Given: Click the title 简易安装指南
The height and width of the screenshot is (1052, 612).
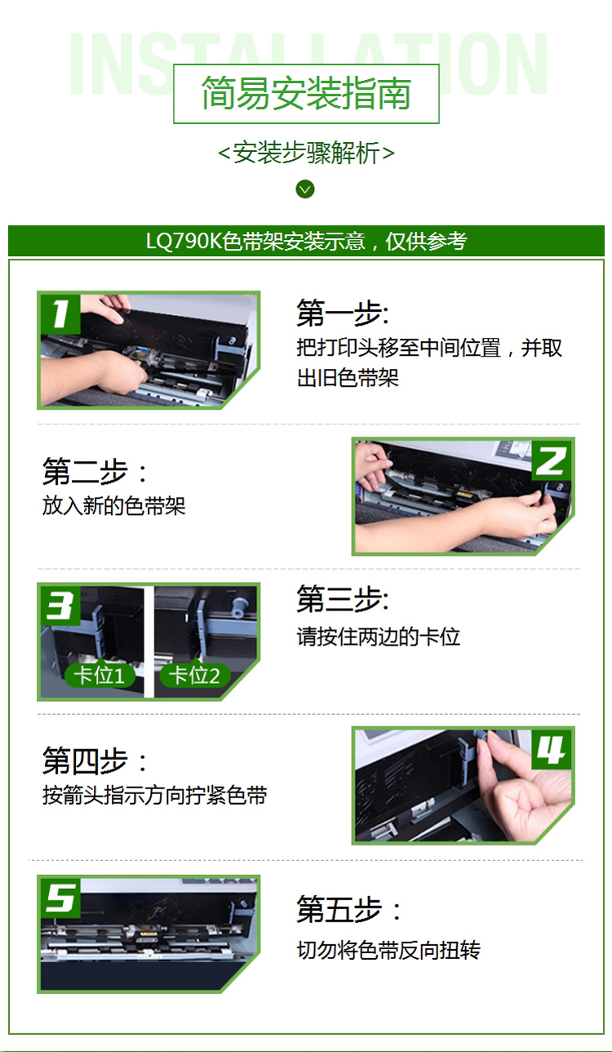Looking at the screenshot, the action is click(306, 93).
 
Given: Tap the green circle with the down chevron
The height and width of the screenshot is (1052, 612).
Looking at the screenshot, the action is click(305, 189).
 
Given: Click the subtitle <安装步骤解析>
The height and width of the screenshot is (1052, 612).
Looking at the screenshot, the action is click(306, 153).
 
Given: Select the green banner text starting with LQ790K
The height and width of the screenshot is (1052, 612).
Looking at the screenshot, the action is click(306, 241).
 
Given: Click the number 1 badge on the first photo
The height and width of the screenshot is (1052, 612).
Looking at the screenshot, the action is click(60, 313).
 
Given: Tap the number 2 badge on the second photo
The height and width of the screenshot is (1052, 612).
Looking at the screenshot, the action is click(551, 459).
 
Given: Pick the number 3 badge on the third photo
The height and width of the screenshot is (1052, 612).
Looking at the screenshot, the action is click(60, 606).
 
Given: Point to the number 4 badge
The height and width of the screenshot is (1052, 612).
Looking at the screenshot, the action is click(551, 749).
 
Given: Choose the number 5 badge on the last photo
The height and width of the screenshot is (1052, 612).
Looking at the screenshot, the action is click(60, 898).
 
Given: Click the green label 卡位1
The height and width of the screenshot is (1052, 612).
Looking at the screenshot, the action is click(100, 676).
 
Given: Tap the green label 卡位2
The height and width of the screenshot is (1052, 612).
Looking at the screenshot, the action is click(195, 676).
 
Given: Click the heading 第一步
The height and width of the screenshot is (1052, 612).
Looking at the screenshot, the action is click(343, 313).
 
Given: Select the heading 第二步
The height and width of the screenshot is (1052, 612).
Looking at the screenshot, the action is click(95, 471).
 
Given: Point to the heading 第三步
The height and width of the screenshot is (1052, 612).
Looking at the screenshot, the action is click(343, 599).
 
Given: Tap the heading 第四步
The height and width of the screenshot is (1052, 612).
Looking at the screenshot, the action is click(95, 761).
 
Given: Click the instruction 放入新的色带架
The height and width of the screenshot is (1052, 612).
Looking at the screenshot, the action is click(114, 506).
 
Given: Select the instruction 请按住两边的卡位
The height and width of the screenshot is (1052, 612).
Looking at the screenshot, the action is click(378, 637).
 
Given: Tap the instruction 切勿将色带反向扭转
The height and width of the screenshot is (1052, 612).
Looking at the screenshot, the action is click(388, 950).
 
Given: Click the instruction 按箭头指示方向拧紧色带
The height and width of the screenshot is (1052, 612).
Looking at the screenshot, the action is click(155, 795).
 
